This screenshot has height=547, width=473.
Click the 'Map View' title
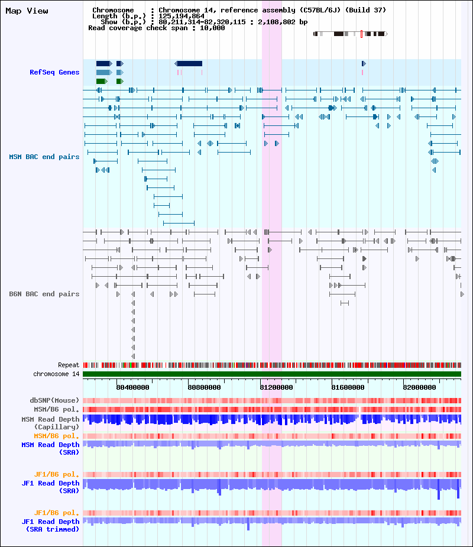point(27,11)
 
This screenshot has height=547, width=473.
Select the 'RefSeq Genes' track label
point(54,72)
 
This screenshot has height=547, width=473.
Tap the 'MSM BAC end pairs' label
point(44,157)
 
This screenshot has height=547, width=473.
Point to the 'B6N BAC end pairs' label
point(44,294)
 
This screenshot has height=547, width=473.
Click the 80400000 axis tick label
point(132,387)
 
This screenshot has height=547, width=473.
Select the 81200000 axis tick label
point(276,387)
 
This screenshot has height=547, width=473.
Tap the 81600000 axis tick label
point(348,387)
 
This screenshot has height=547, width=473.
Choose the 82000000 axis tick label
point(419,387)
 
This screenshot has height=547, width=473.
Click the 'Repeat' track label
point(69,365)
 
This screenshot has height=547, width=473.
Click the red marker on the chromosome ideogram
point(361,34)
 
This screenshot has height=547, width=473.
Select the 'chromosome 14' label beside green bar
point(56,374)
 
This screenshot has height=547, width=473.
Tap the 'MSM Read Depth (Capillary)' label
point(50,423)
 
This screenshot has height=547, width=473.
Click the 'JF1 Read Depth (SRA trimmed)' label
point(50,525)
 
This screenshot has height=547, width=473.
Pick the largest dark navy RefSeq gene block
point(189,63)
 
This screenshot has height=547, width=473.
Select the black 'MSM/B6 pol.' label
point(56,409)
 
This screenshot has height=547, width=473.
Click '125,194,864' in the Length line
point(182,16)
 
